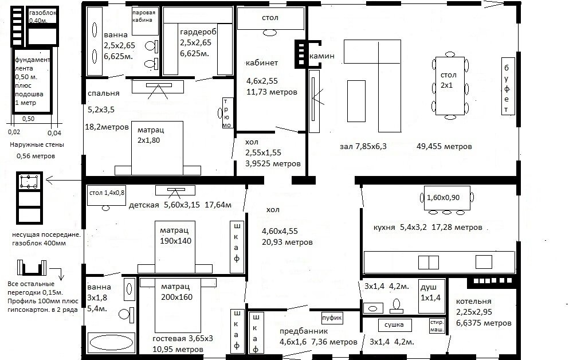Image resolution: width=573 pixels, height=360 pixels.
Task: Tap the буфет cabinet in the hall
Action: pyautogui.click(x=507, y=85)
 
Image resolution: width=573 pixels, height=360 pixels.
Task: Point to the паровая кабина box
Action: pyautogui.click(x=143, y=16)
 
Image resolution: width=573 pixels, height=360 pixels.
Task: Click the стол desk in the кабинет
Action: pyautogui.click(x=270, y=18)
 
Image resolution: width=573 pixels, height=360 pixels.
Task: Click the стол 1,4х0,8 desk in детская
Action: pyautogui.click(x=106, y=194)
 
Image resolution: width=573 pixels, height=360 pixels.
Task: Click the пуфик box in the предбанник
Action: pyautogui.click(x=332, y=318)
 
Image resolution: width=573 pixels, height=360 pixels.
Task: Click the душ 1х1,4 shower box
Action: pyautogui.click(x=431, y=295)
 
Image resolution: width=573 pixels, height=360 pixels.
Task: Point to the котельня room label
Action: pyautogui.click(x=474, y=302)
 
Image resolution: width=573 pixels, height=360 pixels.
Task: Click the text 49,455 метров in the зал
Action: pyautogui.click(x=445, y=147)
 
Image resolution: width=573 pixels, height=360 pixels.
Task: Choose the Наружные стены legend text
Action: pyautogui.click(x=36, y=145)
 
